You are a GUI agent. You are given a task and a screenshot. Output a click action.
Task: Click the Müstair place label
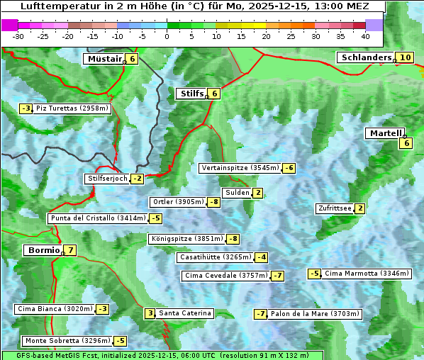pos(104,60)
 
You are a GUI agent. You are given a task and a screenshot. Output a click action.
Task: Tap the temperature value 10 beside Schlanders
pos(405,58)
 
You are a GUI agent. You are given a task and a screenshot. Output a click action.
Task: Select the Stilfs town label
pos(191,94)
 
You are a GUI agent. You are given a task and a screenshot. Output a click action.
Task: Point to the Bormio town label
pos(43,250)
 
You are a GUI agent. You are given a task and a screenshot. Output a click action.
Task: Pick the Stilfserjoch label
pos(107,179)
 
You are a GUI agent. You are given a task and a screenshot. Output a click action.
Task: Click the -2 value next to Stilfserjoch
pos(137,179)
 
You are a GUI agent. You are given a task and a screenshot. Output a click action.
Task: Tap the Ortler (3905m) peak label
pos(178,202)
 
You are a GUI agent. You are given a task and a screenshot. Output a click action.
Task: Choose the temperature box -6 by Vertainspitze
pos(289,168)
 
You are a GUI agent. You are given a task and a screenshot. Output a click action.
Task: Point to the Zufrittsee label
pos(334,208)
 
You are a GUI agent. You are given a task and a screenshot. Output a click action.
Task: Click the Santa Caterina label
pos(184,313)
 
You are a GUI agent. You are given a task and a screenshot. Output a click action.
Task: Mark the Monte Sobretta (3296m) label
pos(67,341)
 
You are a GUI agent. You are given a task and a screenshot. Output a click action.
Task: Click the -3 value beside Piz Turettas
pos(26,108)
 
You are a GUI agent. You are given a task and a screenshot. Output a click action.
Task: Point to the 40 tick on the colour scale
pos(365,36)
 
